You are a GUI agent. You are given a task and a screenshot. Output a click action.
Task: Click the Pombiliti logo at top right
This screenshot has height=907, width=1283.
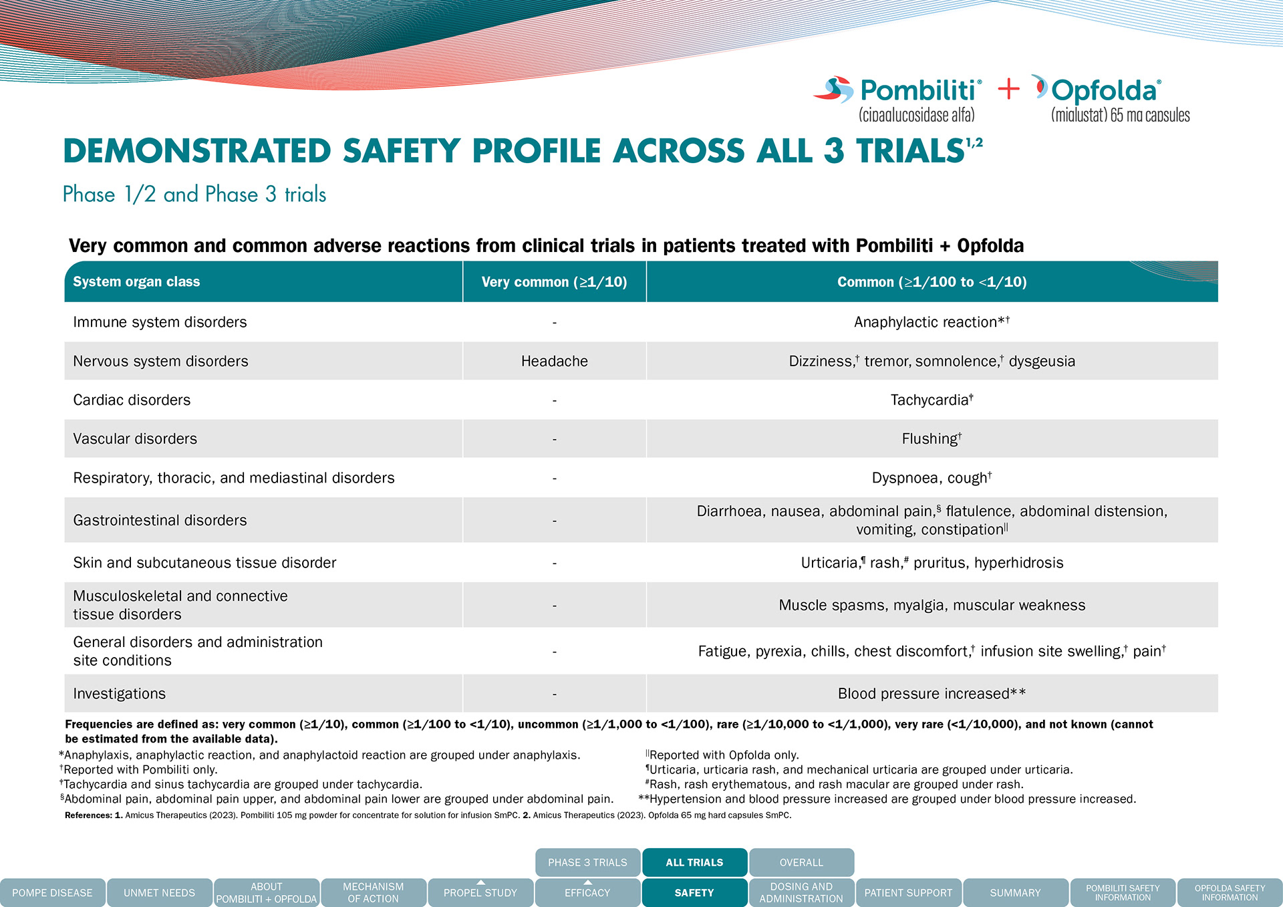coord(899,97)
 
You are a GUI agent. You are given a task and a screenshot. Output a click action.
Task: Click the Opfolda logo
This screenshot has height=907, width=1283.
coord(1109,97)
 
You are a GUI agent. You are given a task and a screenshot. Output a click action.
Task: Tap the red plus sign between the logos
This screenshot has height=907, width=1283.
coord(1008,89)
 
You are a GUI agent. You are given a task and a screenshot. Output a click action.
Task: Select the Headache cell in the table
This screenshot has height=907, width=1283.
coord(554,361)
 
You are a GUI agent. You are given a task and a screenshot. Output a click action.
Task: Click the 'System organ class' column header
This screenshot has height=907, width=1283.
coord(136,282)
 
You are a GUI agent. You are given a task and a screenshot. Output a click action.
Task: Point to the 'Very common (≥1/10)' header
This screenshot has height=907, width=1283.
coord(554,282)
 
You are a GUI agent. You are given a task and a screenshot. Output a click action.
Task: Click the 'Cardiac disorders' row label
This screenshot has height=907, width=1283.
coord(132,400)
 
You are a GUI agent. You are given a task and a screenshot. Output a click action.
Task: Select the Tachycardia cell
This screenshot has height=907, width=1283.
coord(932,400)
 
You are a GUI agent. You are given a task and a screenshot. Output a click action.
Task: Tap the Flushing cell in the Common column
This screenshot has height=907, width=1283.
coord(932,438)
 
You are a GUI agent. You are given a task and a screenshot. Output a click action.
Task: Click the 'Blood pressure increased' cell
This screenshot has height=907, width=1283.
coord(932,693)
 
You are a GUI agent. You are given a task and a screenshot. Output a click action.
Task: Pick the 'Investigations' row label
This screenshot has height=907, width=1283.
coord(119,693)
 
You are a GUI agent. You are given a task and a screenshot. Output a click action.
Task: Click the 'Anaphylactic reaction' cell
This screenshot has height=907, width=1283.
coord(932,322)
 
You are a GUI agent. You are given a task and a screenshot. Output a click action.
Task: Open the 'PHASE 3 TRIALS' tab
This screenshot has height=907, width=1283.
coord(587,862)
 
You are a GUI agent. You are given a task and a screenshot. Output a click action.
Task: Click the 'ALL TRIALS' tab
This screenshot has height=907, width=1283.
coord(694,862)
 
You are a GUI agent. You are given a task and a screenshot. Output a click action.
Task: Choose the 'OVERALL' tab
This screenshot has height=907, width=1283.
coord(801,862)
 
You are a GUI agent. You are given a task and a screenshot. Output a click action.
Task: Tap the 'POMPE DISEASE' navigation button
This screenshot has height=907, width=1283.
coord(52,892)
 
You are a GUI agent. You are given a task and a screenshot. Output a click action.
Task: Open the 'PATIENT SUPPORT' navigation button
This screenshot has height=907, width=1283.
coord(908,892)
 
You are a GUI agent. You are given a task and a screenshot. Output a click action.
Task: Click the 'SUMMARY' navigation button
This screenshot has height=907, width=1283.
coord(1015,892)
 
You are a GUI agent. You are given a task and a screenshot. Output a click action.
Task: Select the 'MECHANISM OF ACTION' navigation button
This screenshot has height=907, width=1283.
coord(373,892)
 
